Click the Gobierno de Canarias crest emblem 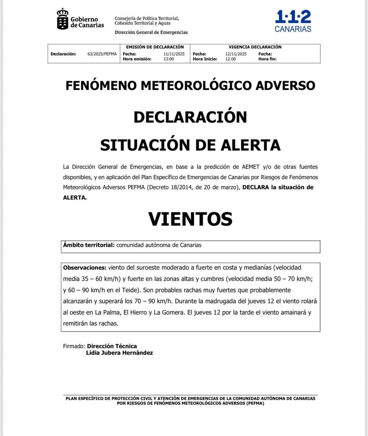coord(62,19)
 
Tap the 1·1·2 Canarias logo coord(293,21)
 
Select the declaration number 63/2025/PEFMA coord(102,54)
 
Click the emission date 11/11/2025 coord(174,54)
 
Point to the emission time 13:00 coord(169,59)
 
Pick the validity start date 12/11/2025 coord(236,54)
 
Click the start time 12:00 coord(231,59)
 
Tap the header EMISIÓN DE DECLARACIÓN coord(155,47)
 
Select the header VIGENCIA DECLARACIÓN coord(255,47)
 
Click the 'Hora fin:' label coord(267,59)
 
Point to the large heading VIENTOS coord(190,219)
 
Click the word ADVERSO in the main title coord(285,85)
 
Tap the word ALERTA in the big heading coord(251,145)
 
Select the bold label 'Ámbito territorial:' coord(89,245)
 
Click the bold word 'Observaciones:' coord(85,268)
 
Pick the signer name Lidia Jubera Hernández coord(119,353)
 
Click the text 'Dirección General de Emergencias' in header coord(151,32)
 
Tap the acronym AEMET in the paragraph coord(251,167)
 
